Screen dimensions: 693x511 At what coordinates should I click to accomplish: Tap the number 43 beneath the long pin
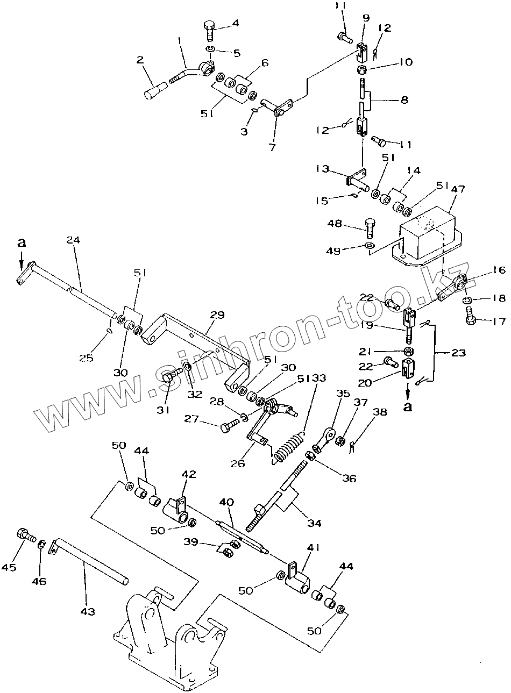coord(88,611)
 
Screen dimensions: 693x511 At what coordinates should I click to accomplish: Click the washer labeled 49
coord(369,247)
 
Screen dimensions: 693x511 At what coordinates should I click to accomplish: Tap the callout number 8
coord(403,99)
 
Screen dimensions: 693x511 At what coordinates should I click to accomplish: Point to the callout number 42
coord(189,474)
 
